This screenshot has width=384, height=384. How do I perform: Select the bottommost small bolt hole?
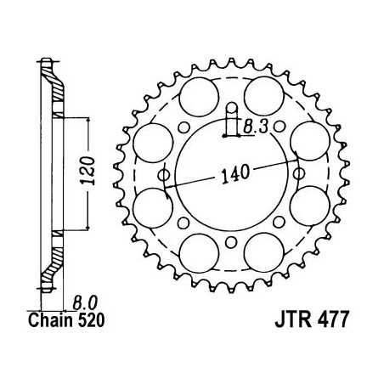pos(231,243)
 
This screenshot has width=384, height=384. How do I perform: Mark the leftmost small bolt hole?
pos(164,175)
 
